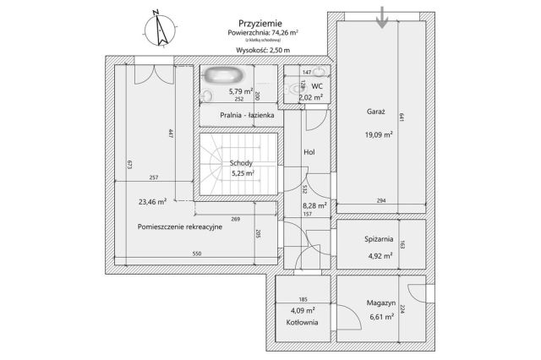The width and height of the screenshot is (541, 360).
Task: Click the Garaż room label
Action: click(376, 112)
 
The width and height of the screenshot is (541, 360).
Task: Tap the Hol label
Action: click(309, 152)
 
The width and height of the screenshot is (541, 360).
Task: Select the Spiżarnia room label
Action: click(376, 239)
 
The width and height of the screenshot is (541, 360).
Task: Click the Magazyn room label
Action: click(381, 303)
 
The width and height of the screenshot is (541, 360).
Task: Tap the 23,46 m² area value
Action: click(150, 201)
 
